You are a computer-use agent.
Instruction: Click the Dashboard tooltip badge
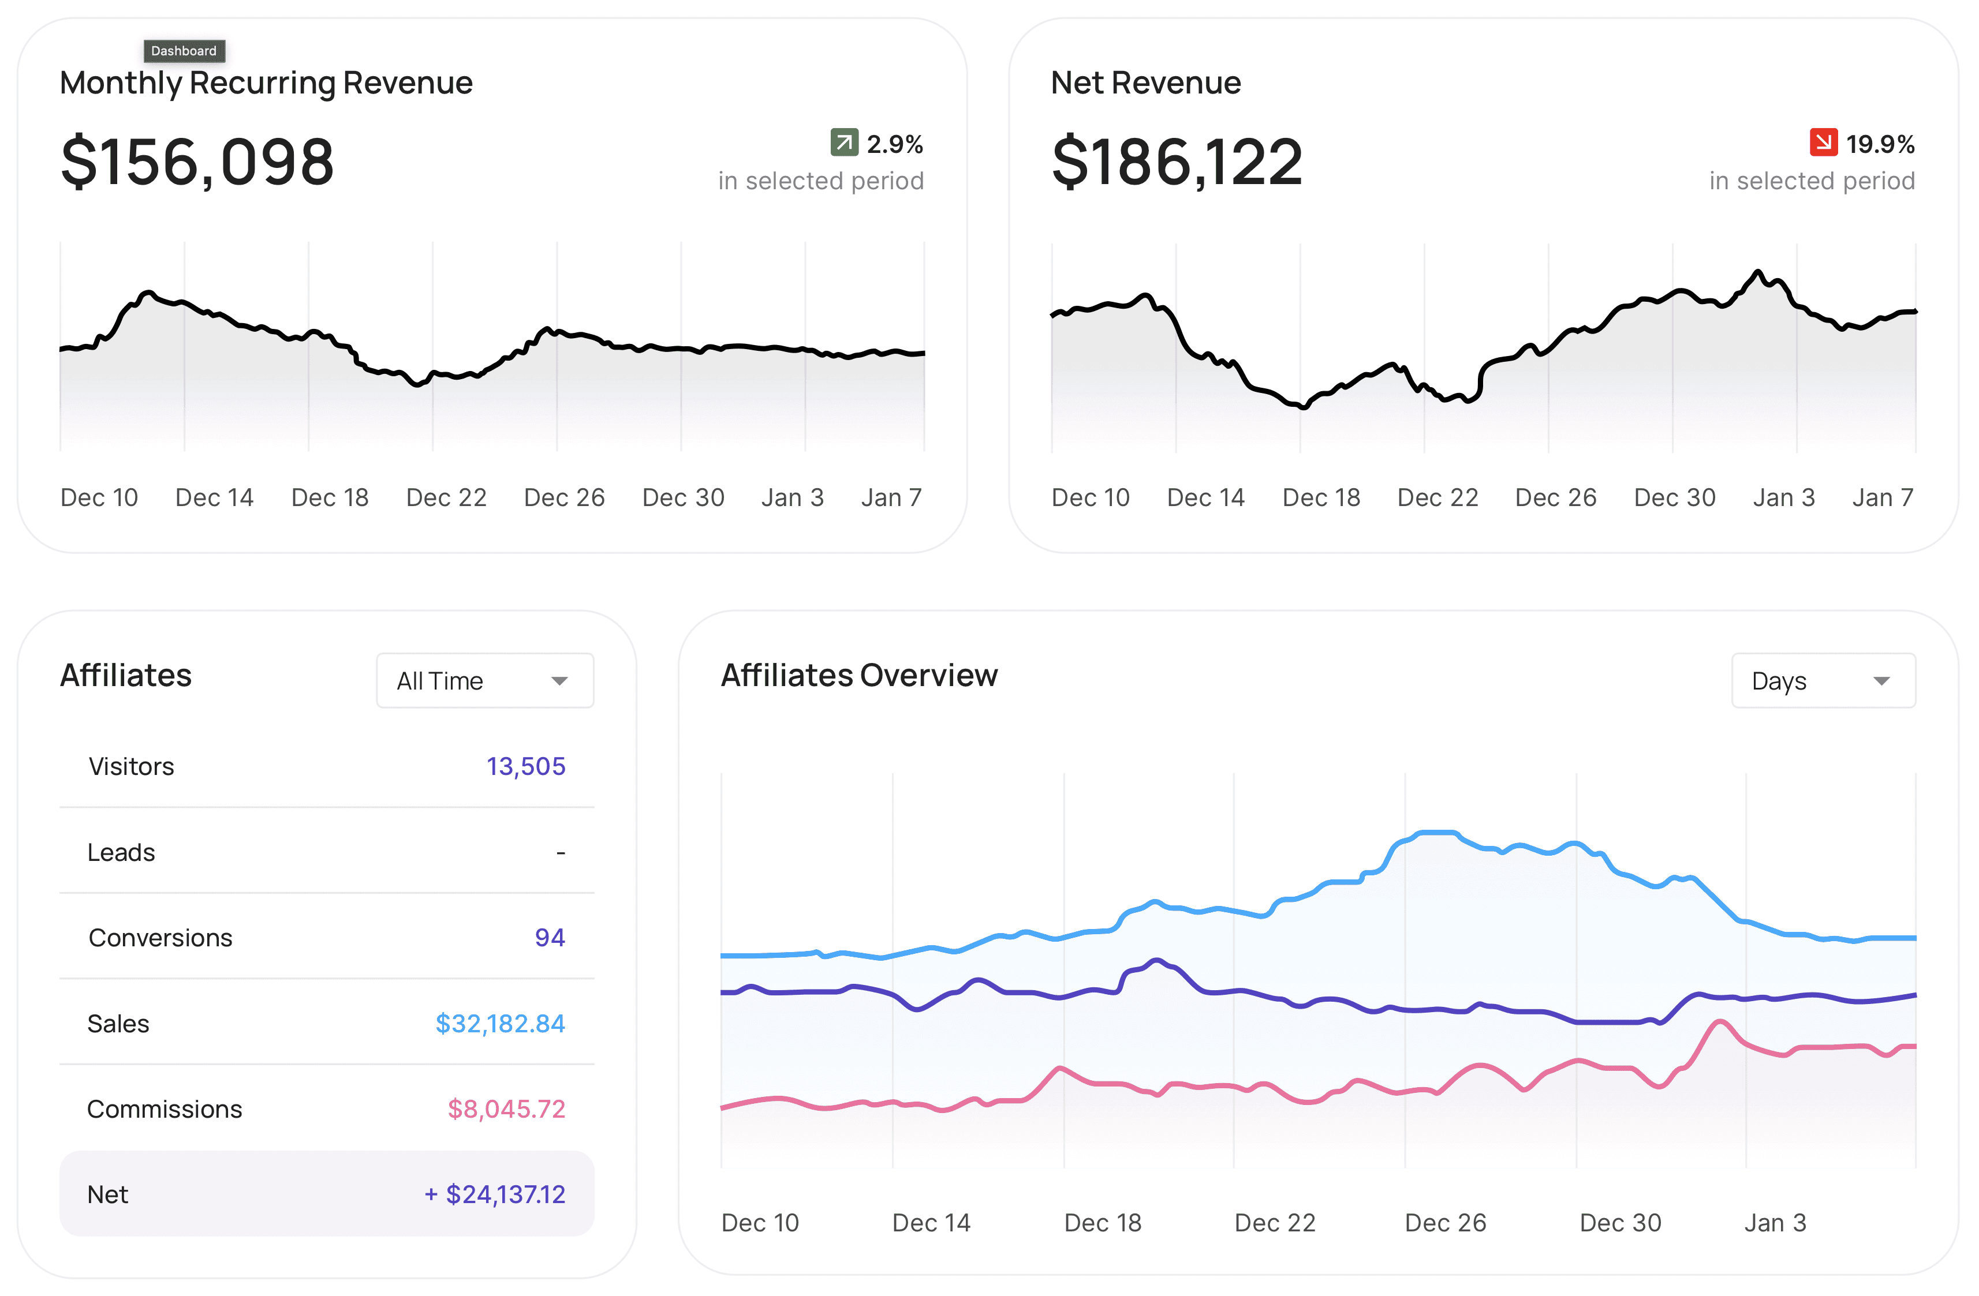(x=184, y=51)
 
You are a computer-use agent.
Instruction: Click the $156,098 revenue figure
(x=197, y=161)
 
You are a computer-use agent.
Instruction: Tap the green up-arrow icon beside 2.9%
(x=844, y=142)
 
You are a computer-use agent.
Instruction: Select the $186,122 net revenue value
(x=1177, y=161)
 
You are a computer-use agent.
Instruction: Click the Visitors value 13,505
(x=525, y=766)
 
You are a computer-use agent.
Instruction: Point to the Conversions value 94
(x=550, y=937)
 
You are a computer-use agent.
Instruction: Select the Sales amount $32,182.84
(x=500, y=1023)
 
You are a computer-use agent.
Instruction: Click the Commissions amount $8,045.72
(x=506, y=1109)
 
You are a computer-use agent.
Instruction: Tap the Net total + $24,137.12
(x=495, y=1194)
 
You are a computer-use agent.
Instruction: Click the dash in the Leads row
(x=561, y=853)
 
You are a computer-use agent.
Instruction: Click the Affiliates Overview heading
(x=859, y=675)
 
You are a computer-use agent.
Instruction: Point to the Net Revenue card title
(x=1146, y=83)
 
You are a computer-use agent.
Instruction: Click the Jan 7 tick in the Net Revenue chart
(x=1883, y=497)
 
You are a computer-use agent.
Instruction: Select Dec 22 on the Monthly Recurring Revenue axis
(x=446, y=497)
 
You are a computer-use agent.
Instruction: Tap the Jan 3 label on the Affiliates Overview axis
(x=1775, y=1223)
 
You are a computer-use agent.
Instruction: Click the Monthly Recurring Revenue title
(x=266, y=83)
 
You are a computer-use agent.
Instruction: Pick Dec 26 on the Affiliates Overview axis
(x=1445, y=1223)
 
